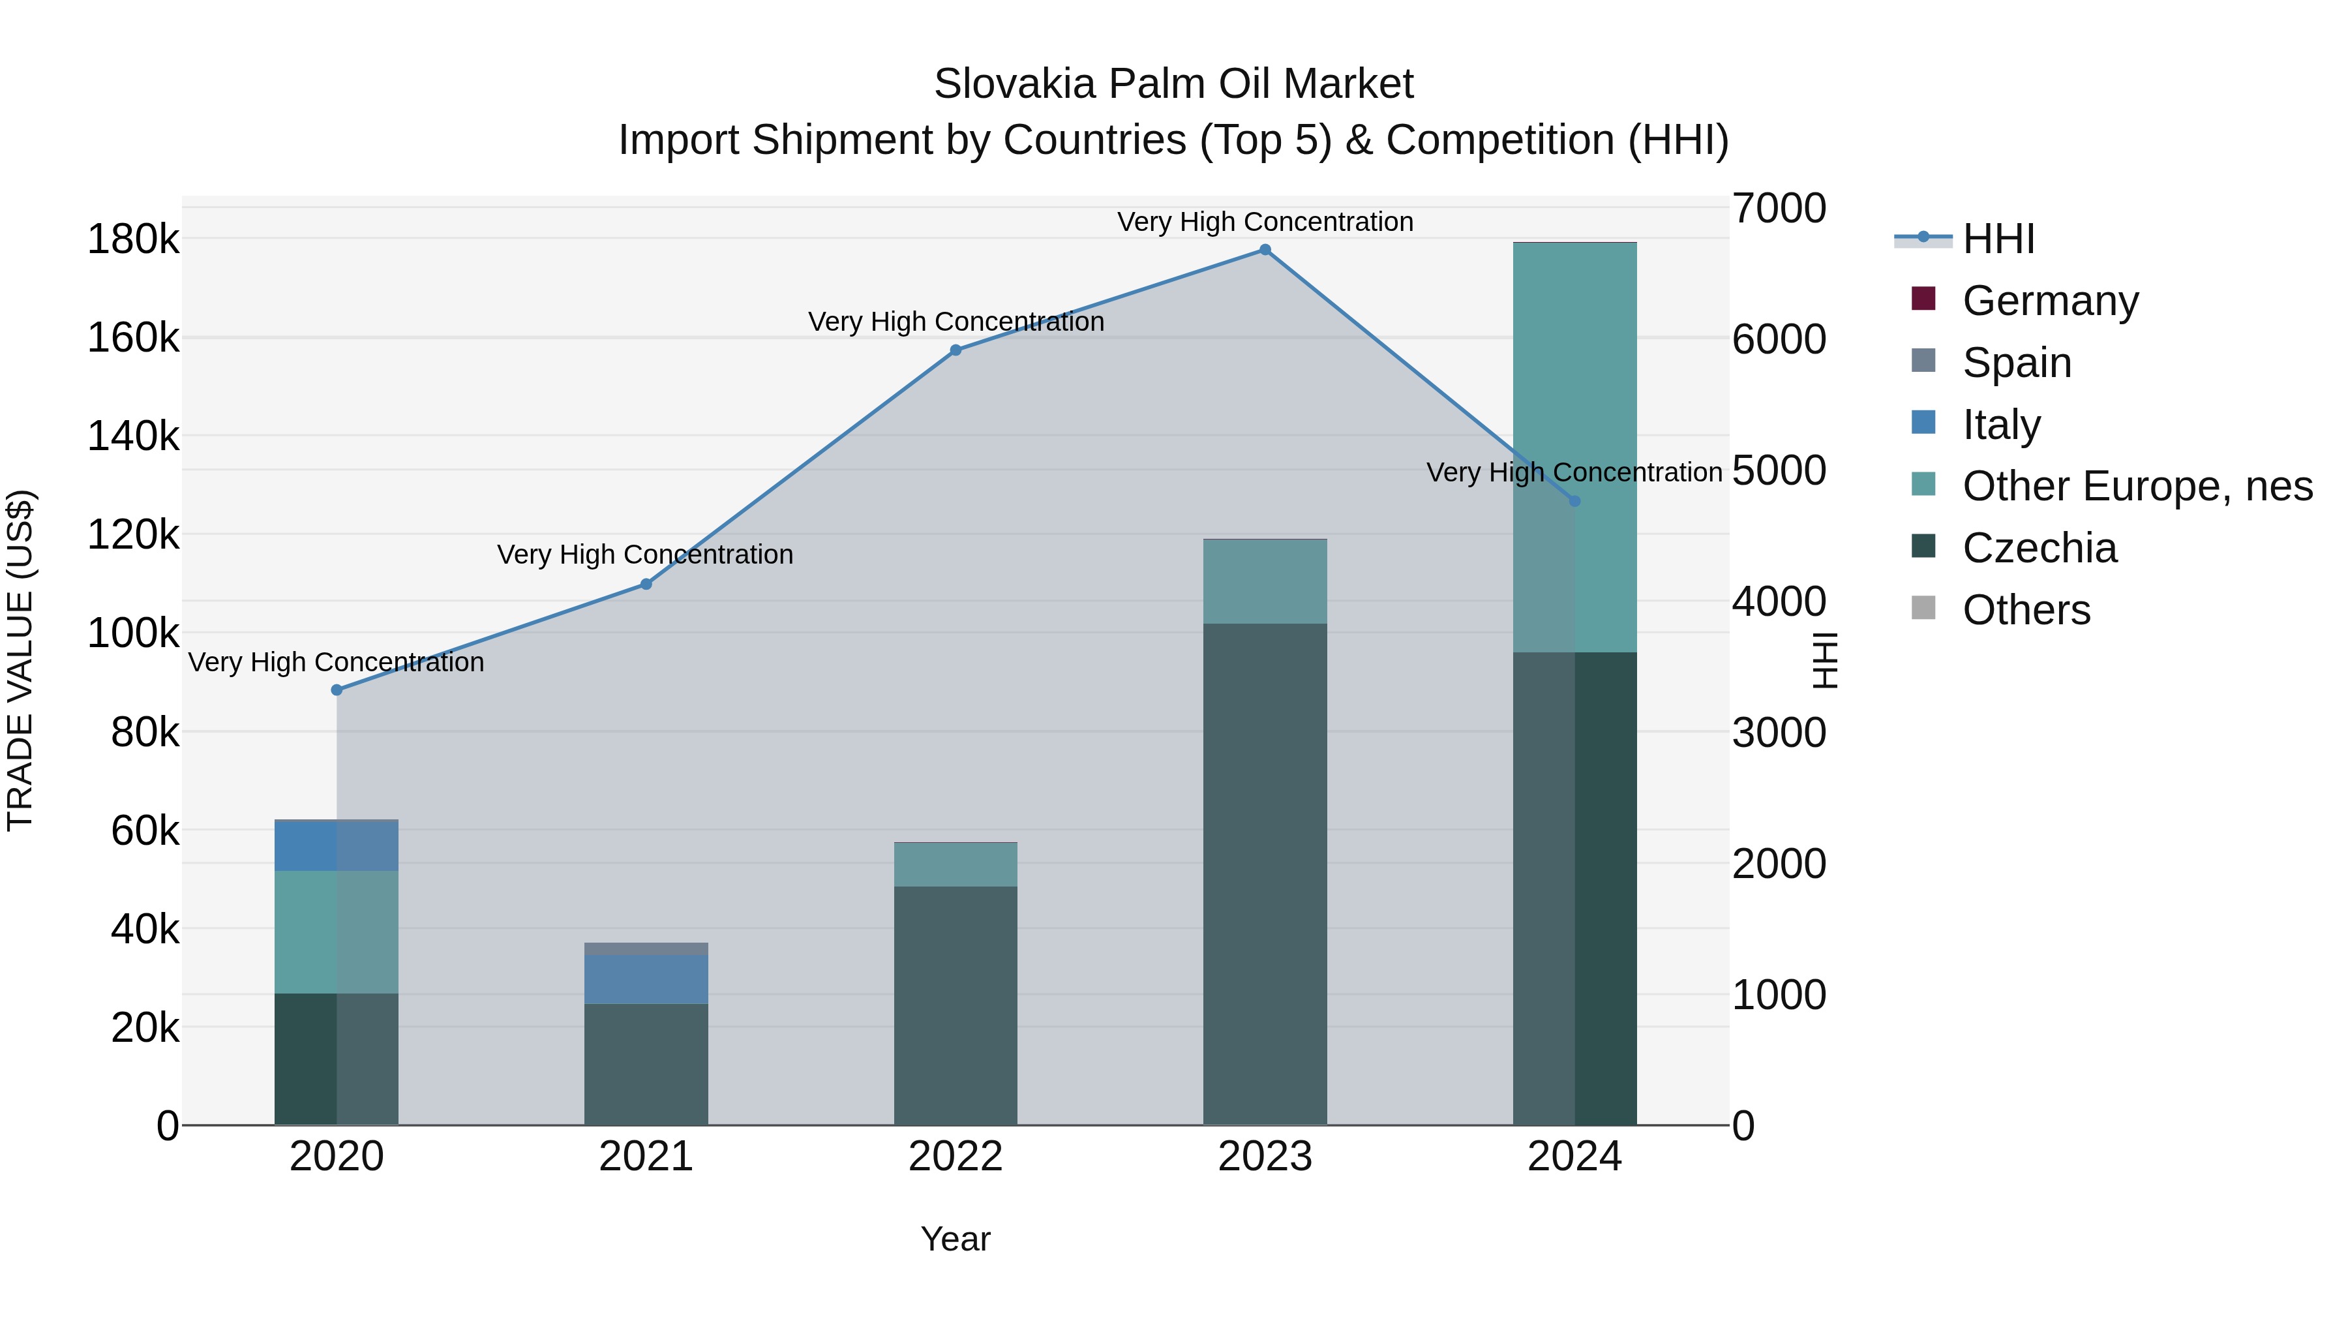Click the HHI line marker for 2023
tap(1265, 250)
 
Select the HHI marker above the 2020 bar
tap(337, 690)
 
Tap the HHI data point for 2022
tap(956, 350)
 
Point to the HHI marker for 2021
tap(646, 585)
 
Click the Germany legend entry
tap(2050, 301)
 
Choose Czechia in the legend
tap(2039, 548)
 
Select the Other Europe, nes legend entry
tap(2137, 486)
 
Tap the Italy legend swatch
tap(1923, 423)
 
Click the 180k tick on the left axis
tap(133, 240)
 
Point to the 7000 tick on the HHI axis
tap(1779, 208)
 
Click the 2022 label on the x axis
tap(956, 1157)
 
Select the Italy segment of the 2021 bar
tap(646, 979)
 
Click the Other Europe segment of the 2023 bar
tap(1265, 582)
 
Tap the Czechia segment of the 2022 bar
tap(956, 1005)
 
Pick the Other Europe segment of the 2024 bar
tap(1574, 447)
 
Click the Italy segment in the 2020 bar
tap(337, 846)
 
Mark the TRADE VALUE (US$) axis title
tap(21, 660)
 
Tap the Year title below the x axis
tap(956, 1239)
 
